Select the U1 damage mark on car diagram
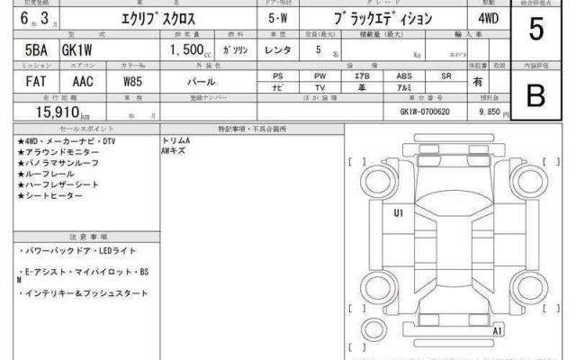pyautogui.click(x=398, y=213)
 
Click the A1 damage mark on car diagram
pyautogui.click(x=497, y=332)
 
